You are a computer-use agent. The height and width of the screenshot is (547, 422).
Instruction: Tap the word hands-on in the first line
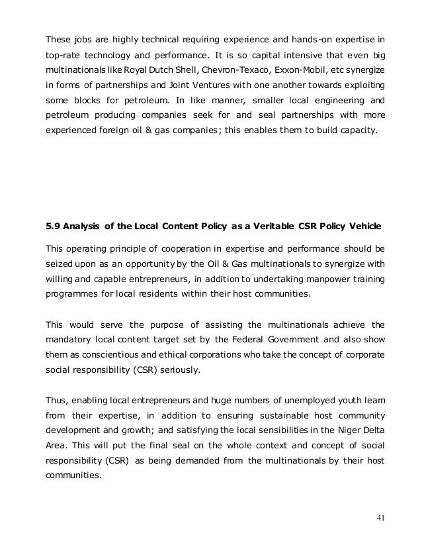coord(314,31)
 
